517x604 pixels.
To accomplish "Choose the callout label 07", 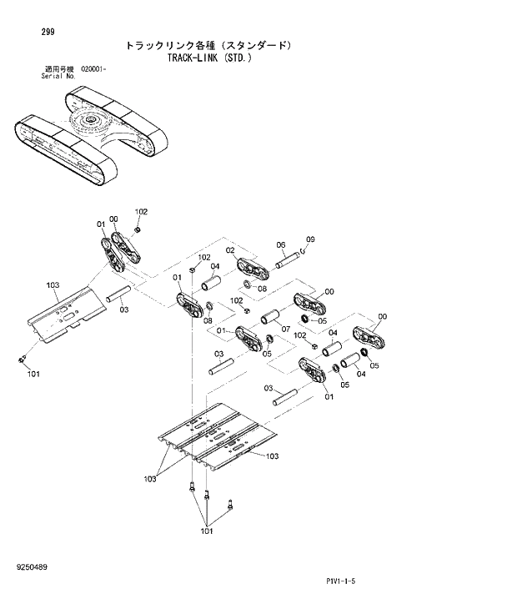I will [x=284, y=329].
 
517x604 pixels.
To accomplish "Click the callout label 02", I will [x=229, y=250].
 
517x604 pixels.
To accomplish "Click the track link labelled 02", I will [x=252, y=269].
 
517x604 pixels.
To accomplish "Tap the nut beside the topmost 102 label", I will [x=138, y=229].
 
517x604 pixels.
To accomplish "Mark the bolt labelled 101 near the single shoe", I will [x=23, y=359].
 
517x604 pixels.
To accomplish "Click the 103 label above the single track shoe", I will [x=53, y=285].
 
